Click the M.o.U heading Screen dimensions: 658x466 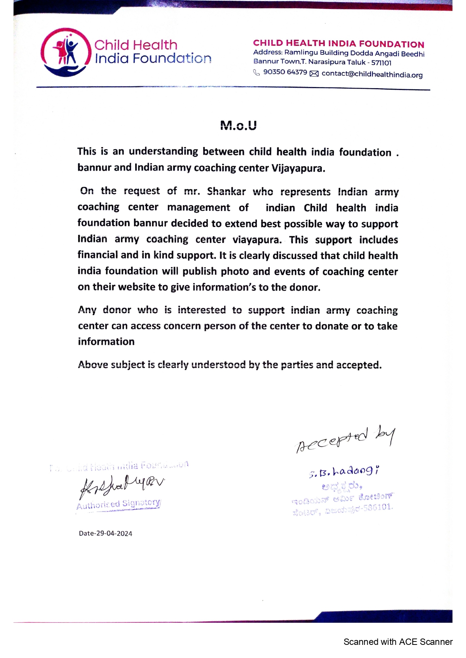[238, 125]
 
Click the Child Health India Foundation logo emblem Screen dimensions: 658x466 [66, 53]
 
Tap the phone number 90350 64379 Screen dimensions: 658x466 [285, 72]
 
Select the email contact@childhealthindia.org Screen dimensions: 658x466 [372, 74]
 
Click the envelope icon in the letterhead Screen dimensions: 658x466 [314, 74]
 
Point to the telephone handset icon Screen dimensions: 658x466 [256, 72]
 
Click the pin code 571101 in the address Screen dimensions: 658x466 [381, 63]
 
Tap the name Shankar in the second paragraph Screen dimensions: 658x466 [226, 191]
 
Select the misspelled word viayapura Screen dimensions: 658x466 [257, 240]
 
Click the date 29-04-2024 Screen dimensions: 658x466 [114, 533]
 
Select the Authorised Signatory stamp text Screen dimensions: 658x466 [119, 504]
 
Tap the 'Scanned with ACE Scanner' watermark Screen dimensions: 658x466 [398, 642]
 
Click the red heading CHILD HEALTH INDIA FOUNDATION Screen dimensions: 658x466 [338, 44]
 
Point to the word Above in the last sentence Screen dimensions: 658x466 [93, 365]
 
